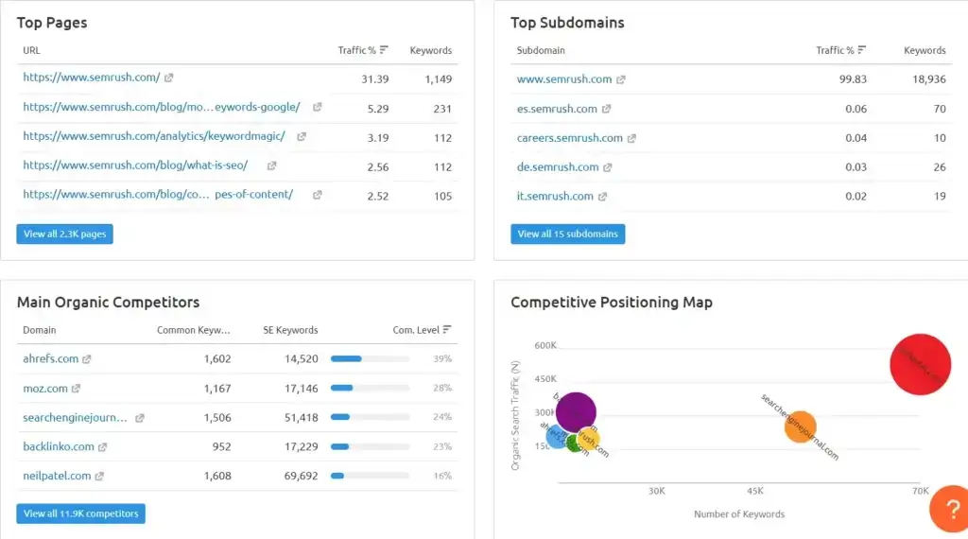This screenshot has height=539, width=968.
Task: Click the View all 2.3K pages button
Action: coord(64,234)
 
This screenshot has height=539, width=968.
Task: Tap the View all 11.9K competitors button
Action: coord(80,513)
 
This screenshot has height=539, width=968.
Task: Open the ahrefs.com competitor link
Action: coord(51,359)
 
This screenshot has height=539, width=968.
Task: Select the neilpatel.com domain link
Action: coord(57,476)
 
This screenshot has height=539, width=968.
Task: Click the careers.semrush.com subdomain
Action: coord(569,138)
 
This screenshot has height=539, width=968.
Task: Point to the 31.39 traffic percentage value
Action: coord(375,78)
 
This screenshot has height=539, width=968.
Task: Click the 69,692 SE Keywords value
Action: coord(301,476)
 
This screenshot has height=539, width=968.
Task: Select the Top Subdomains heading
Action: coord(567,23)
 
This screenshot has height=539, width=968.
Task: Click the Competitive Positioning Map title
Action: coord(611,303)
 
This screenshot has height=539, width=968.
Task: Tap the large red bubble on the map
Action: coord(920,364)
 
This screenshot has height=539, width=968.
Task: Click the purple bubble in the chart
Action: coord(576,411)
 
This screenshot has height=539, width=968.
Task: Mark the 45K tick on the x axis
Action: coord(755,492)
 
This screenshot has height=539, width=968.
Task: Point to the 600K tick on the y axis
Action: coord(545,346)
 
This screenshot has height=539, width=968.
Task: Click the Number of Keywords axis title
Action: coord(738,514)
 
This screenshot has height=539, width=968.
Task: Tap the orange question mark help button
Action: coord(948,510)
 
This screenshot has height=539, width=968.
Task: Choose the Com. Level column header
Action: coord(417,330)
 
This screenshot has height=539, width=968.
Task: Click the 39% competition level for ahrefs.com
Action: coord(441,359)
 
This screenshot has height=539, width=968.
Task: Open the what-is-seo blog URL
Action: coord(135,165)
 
